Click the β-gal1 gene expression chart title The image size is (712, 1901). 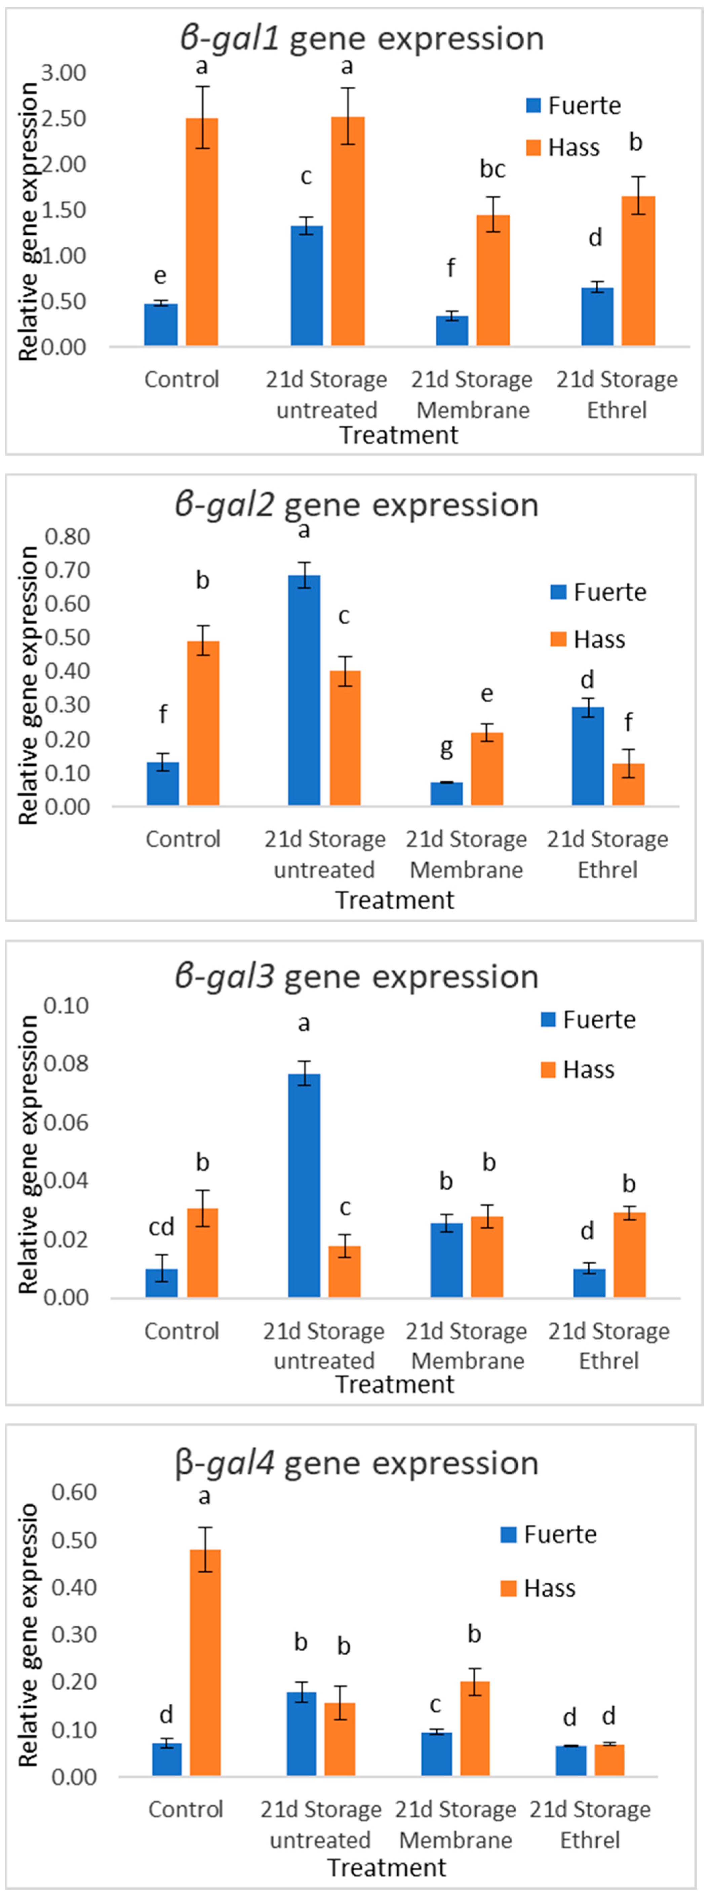pyautogui.click(x=361, y=38)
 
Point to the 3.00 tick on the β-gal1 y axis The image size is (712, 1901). pyautogui.click(x=64, y=73)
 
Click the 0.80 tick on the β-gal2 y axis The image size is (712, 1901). pyautogui.click(x=67, y=537)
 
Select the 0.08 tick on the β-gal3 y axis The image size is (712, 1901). pyautogui.click(x=66, y=1063)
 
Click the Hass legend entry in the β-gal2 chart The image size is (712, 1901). pyautogui.click(x=588, y=639)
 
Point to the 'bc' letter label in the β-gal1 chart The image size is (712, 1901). pyautogui.click(x=492, y=169)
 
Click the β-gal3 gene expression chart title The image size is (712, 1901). pyautogui.click(x=356, y=976)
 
